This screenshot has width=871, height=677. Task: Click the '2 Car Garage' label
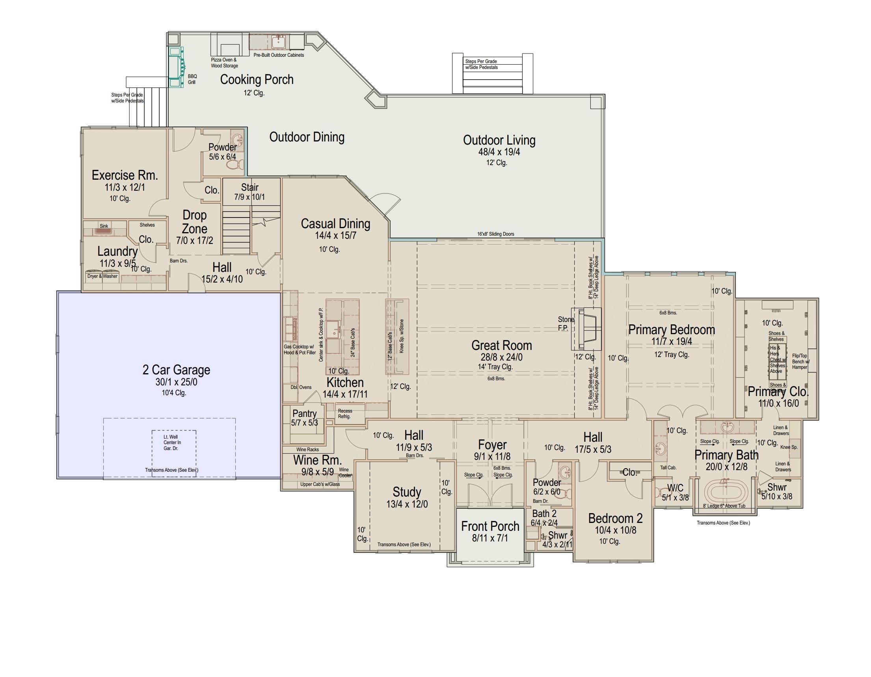point(176,370)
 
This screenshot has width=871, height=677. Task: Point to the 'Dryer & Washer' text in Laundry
point(102,276)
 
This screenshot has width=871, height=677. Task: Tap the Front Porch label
point(490,526)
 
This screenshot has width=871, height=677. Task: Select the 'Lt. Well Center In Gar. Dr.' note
point(172,443)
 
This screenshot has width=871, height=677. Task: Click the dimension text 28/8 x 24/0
point(501,357)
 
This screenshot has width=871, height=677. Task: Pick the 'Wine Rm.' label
point(317,460)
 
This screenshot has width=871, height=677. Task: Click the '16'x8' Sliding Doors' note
point(496,234)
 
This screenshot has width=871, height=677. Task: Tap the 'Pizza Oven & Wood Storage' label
point(224,63)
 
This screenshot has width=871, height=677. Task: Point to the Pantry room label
point(304,413)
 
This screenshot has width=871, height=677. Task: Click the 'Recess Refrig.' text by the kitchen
point(344,413)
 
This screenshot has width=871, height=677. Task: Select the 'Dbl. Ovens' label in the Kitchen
point(301,387)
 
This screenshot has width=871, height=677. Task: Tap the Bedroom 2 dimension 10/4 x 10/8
point(615,530)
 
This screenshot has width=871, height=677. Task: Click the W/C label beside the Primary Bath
point(675,487)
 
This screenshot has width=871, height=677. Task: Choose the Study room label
point(407,492)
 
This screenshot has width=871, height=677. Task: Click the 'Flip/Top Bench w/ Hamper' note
point(800,361)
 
